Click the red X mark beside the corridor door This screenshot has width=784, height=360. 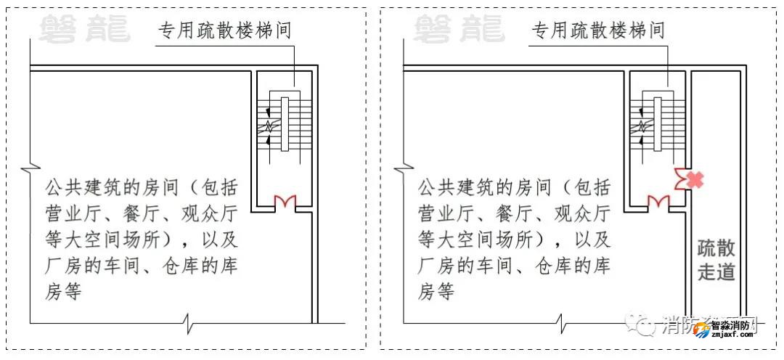[695, 179]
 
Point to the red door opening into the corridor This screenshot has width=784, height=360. [681, 179]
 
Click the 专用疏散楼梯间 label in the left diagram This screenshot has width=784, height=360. [225, 31]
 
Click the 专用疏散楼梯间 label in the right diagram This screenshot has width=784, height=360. [598, 31]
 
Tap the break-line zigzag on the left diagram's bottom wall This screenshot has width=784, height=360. [189, 321]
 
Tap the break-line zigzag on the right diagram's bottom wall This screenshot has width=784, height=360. [563, 321]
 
